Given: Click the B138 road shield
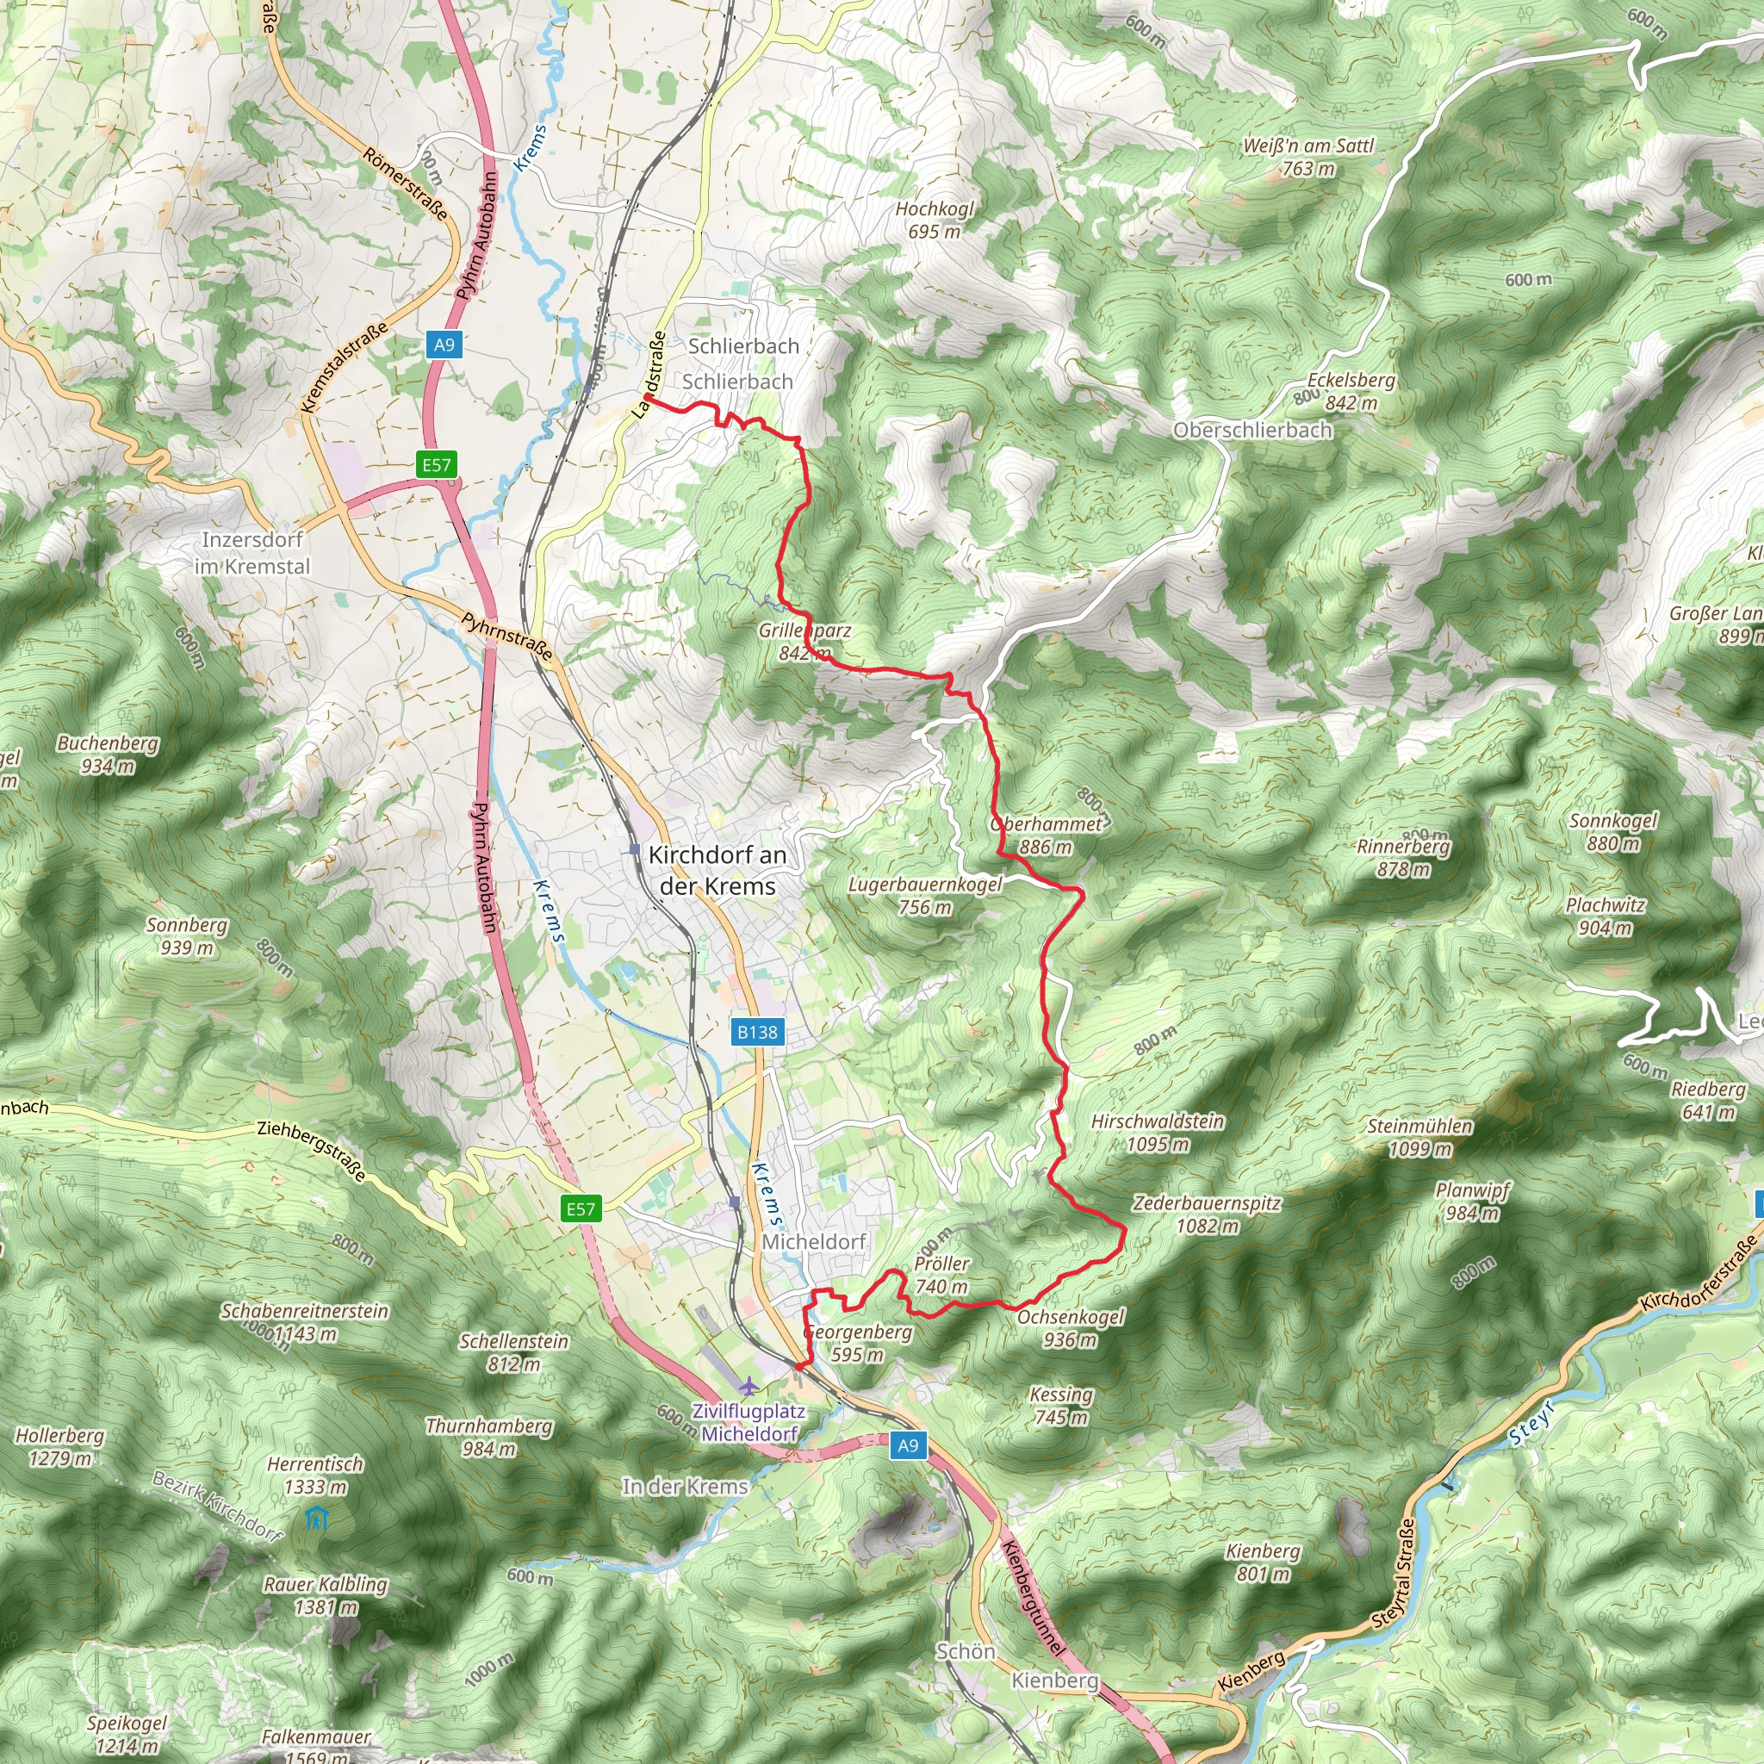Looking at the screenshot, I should tap(757, 1033).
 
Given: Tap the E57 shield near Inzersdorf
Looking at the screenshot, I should tap(437, 465).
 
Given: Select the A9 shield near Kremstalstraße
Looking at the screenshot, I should tap(444, 345).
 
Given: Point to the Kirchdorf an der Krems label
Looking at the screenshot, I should tap(717, 871).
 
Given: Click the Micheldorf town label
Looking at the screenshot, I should tap(813, 1242).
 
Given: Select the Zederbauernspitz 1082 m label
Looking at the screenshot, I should tap(1206, 1215).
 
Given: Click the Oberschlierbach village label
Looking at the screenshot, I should tap(1252, 430).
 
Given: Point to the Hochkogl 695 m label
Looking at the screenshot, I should tap(934, 220).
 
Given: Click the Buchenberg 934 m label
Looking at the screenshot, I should tap(108, 755).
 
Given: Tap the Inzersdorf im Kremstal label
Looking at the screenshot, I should tap(252, 553).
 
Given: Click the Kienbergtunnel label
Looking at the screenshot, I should tap(1033, 1599).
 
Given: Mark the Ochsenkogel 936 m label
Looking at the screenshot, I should tap(1070, 1328).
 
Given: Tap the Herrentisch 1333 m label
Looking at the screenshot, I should tap(315, 1475).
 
